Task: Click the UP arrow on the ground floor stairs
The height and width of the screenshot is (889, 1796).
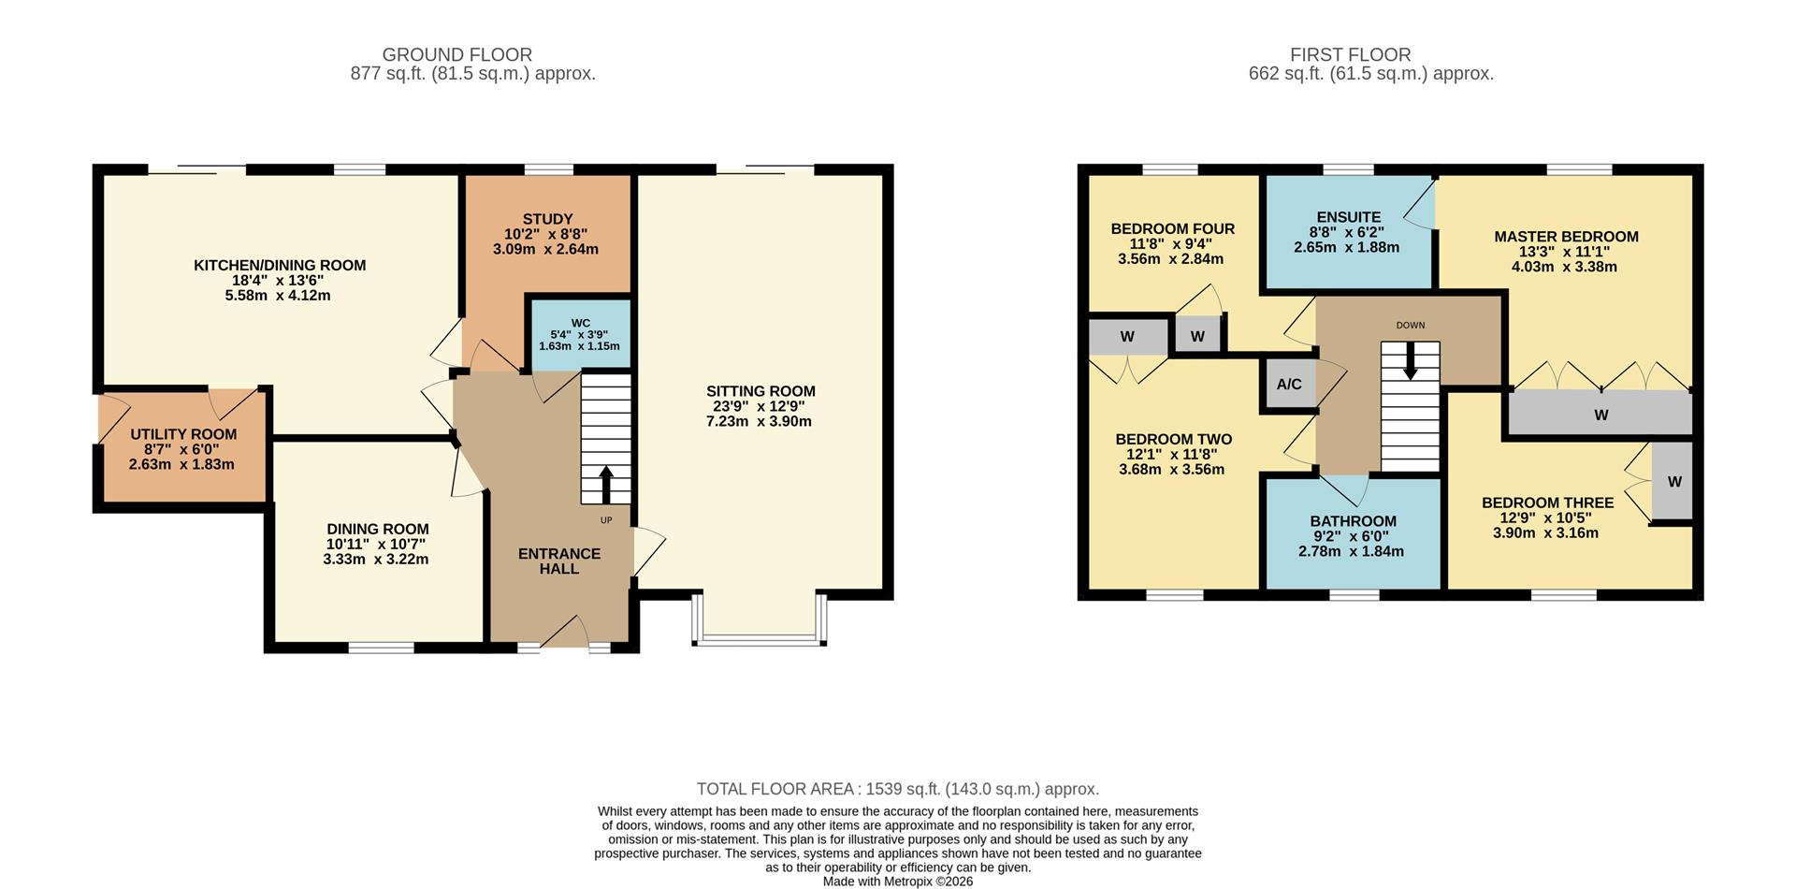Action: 605,485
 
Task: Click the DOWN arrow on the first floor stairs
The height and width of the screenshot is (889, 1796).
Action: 1411,360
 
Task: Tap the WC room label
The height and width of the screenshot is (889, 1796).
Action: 580,323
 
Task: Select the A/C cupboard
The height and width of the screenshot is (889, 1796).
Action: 1289,385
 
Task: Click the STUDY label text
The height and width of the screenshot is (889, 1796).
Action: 547,219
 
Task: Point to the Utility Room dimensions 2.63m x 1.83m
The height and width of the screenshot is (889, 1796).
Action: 181,464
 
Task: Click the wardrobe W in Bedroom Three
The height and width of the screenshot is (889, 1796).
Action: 1673,482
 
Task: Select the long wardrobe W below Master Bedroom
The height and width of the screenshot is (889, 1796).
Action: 1600,415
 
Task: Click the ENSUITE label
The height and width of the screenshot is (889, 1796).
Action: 1348,217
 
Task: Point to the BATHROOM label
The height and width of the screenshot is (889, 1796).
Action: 1353,521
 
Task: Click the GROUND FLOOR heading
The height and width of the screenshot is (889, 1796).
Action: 456,55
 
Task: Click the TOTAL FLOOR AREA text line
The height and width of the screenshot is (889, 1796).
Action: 897,789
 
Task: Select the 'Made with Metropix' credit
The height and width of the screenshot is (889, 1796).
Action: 897,882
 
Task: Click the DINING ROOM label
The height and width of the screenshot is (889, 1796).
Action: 377,529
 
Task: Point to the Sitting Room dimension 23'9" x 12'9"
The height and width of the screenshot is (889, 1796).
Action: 760,406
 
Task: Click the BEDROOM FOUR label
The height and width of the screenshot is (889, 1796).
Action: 1172,228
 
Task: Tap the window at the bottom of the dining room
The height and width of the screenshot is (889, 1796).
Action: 381,647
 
